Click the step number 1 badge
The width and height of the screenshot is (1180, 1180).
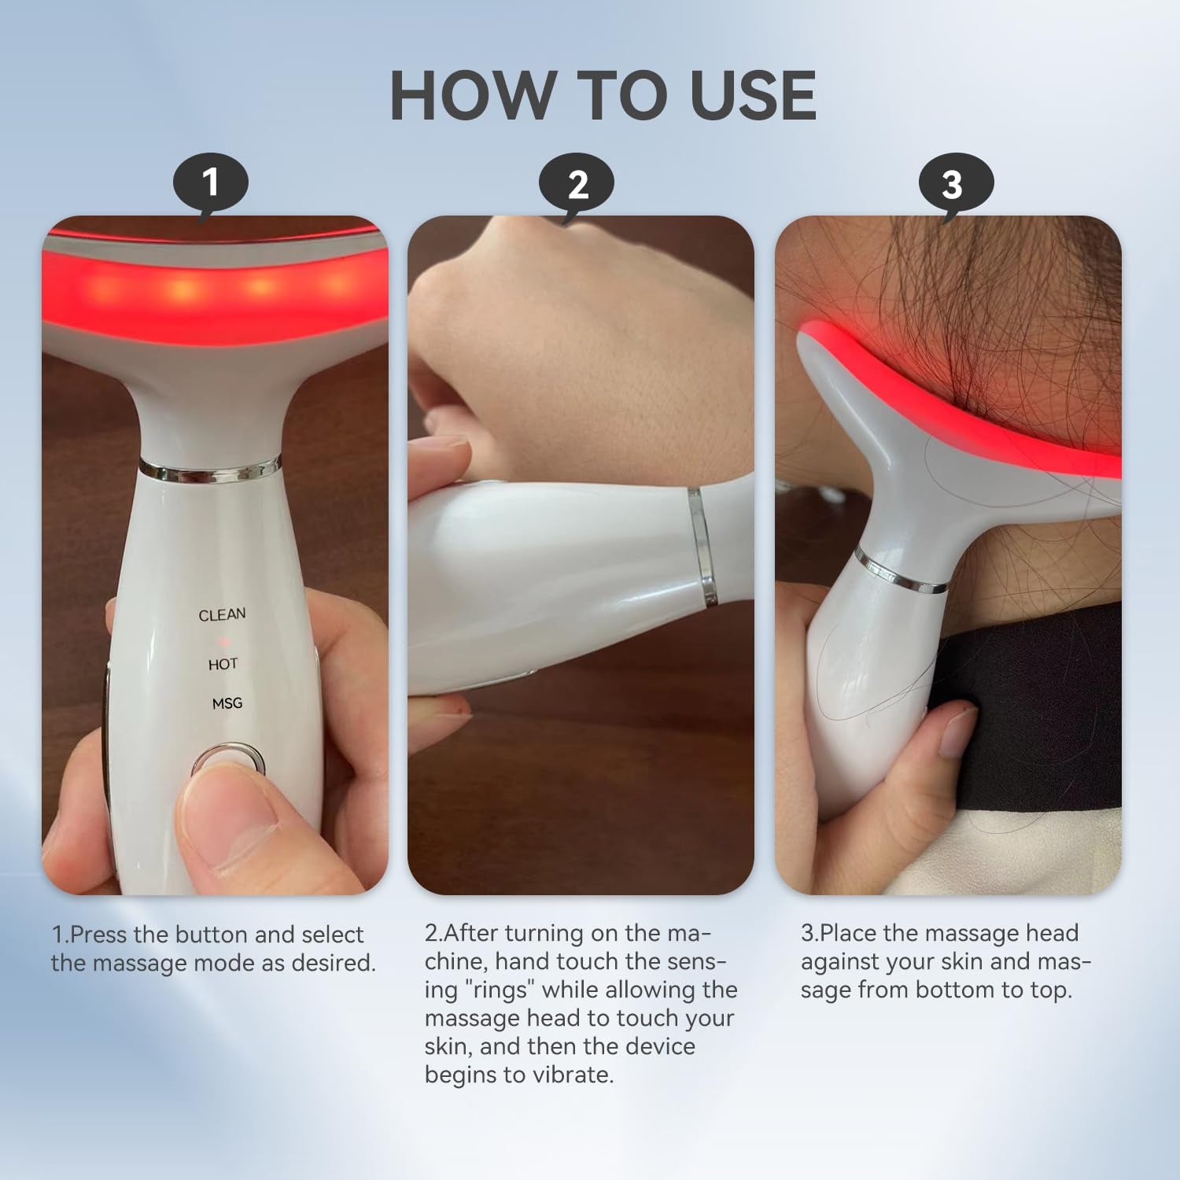tap(210, 183)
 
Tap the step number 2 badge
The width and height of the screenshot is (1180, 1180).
tap(577, 185)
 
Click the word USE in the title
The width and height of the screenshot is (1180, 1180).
tap(753, 96)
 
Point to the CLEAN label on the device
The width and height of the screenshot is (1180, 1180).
tap(222, 614)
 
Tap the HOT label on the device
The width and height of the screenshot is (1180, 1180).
tap(223, 665)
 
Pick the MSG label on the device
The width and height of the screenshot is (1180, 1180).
tap(227, 703)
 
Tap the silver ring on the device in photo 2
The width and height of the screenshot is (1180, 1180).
tap(702, 544)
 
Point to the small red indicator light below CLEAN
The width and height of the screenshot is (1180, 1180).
tap(223, 640)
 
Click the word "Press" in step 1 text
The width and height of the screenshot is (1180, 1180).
tap(99, 935)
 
